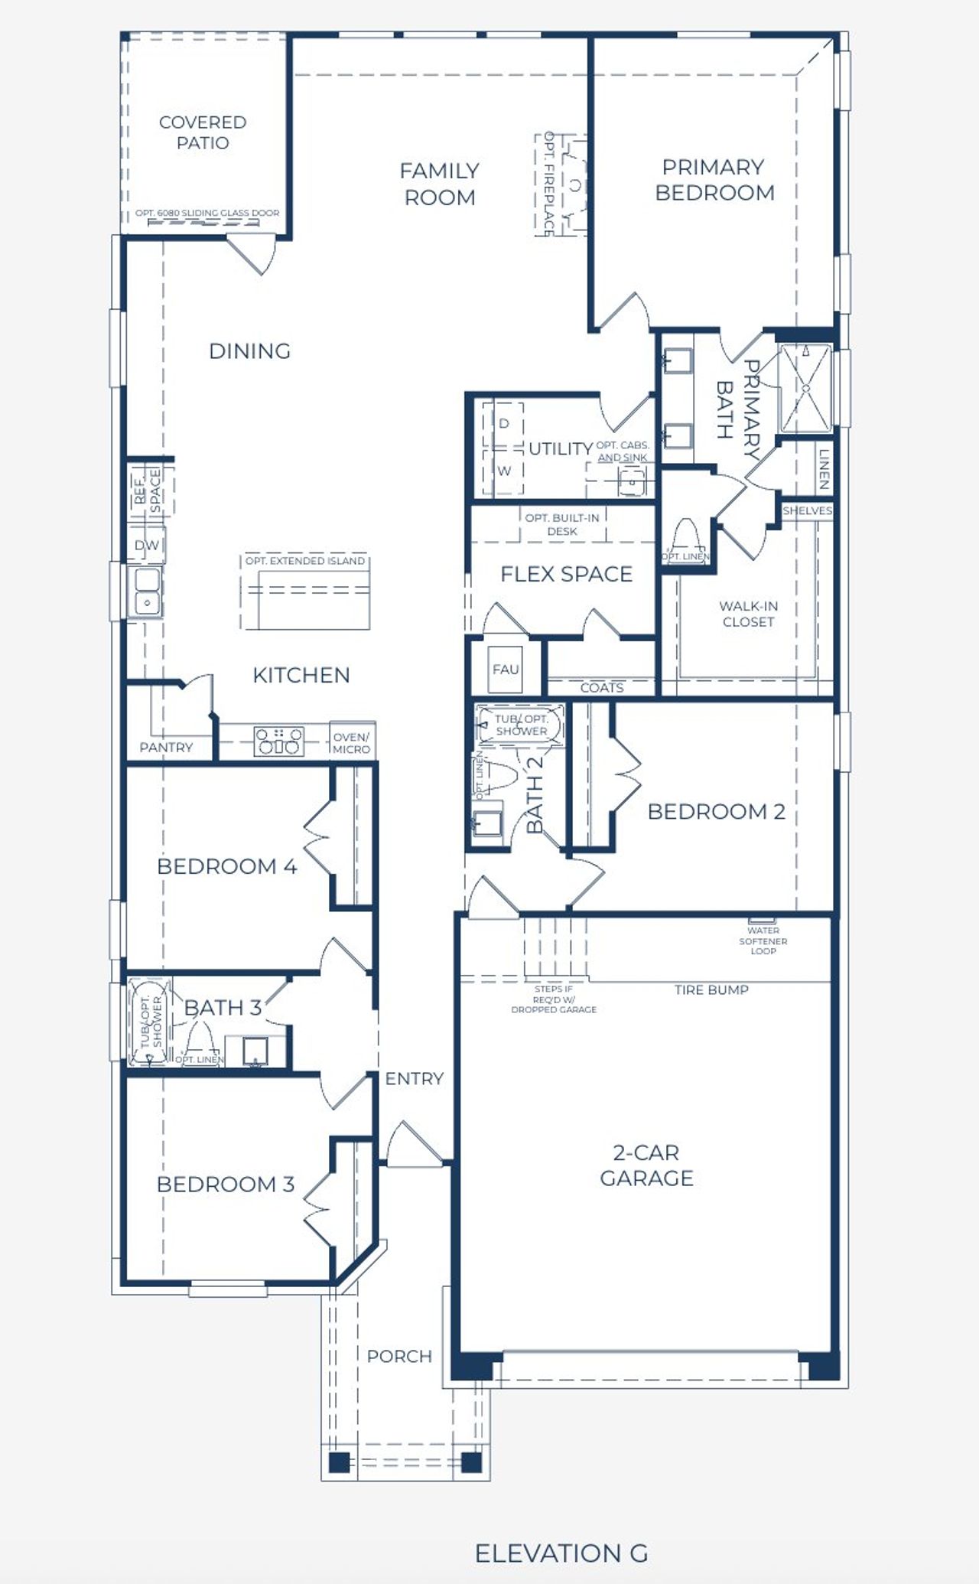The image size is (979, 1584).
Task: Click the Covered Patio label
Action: tap(203, 132)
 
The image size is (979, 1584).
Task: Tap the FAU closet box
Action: tap(506, 670)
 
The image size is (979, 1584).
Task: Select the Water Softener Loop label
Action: tap(763, 940)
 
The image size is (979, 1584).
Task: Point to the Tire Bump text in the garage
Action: tap(711, 989)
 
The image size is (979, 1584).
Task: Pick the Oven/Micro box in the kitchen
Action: tap(352, 742)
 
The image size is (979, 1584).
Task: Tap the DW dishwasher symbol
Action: tap(146, 545)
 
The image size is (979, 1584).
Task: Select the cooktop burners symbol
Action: tap(278, 741)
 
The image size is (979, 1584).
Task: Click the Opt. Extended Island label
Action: tap(305, 561)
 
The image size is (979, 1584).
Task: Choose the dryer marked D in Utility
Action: tap(504, 423)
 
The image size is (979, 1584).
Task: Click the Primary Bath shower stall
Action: tap(805, 389)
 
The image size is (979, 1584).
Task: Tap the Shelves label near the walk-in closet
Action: tap(807, 510)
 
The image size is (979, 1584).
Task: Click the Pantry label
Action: tap(166, 747)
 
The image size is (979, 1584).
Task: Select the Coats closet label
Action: tap(602, 687)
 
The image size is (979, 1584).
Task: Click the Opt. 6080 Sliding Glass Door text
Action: tap(207, 213)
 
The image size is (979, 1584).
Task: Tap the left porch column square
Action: tap(340, 1462)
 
